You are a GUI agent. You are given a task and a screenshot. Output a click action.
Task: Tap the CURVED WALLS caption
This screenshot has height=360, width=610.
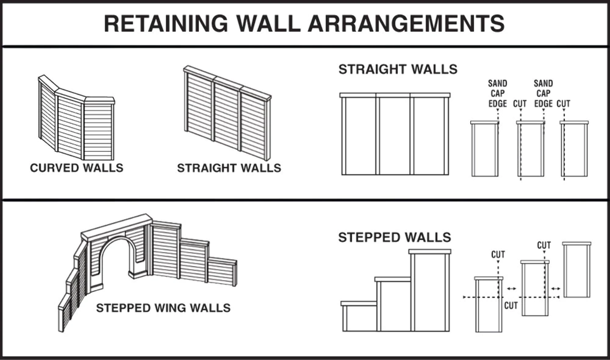point(76,168)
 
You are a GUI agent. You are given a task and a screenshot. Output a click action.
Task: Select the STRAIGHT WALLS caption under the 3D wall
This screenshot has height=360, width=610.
point(229,168)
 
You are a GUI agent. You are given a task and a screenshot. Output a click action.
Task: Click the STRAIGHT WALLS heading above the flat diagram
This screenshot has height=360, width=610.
point(398,69)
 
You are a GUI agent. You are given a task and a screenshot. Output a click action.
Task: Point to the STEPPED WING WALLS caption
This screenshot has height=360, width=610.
point(163,309)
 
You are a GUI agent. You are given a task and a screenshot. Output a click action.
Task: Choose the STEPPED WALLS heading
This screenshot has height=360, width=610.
point(395,237)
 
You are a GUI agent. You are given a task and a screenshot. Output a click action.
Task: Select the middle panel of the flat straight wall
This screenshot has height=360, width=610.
point(395,135)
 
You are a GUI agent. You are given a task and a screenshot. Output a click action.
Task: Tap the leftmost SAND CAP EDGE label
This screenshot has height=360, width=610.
point(498,93)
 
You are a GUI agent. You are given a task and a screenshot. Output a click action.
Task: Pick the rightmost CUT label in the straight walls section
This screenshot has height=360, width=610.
point(564,103)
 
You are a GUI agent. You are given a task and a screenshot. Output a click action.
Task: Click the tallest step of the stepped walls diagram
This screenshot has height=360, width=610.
point(430,292)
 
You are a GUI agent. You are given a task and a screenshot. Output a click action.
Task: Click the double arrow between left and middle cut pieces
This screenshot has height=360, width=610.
point(512,289)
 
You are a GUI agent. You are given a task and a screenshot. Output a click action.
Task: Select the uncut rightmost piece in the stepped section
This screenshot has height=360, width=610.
point(576,270)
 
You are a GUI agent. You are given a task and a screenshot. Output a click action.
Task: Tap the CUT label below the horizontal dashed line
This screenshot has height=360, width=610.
point(511,305)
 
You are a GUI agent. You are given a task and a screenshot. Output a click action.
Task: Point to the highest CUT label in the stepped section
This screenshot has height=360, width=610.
point(544,245)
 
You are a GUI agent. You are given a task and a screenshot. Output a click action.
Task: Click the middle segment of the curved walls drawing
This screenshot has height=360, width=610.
point(70,125)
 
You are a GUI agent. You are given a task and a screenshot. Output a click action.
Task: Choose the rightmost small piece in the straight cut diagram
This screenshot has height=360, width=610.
point(574,149)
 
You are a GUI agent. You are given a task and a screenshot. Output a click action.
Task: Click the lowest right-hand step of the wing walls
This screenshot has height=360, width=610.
point(222,272)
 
